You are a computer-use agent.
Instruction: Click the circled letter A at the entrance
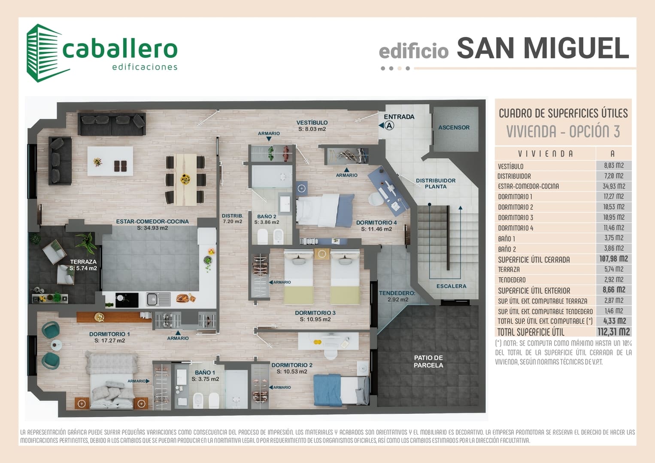pyautogui.click(x=389, y=126)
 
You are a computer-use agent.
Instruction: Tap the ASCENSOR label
pyautogui.click(x=454, y=127)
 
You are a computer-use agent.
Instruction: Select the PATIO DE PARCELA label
pyautogui.click(x=428, y=361)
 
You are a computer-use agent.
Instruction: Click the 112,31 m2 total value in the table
pyautogui.click(x=614, y=331)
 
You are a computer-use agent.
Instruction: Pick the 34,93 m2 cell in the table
pyautogui.click(x=614, y=186)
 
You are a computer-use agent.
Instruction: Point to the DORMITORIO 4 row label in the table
pyautogui.click(x=516, y=228)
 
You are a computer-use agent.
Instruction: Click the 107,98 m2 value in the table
pyautogui.click(x=614, y=259)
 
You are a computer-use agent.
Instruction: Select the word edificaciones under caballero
pyautogui.click(x=145, y=67)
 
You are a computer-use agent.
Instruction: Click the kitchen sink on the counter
pyautogui.click(x=158, y=299)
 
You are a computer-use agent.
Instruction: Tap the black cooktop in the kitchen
pyautogui.click(x=127, y=300)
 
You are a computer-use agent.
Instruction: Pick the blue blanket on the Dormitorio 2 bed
pyautogui.click(x=327, y=390)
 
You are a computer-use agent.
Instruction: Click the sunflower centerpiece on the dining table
pyautogui.click(x=185, y=179)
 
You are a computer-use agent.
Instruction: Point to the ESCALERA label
pyautogui.click(x=451, y=286)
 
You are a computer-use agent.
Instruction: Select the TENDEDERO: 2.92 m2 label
pyautogui.click(x=397, y=296)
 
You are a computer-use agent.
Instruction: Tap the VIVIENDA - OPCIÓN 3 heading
pyautogui.click(x=563, y=131)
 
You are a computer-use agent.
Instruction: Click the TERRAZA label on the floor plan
pyautogui.click(x=83, y=262)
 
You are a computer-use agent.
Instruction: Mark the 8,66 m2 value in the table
pyautogui.click(x=614, y=290)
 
